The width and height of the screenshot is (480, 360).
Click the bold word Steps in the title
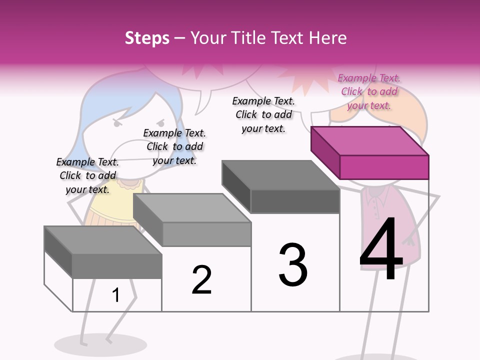pos(147,38)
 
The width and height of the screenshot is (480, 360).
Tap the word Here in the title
pos(328,38)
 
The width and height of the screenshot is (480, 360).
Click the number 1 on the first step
pos(116,295)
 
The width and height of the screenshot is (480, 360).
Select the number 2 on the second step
pos(201,280)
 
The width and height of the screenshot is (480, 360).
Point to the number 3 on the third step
pos(293,265)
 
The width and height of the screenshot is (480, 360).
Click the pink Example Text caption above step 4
pos(369,91)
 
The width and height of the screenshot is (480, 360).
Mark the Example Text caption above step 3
pos(263,114)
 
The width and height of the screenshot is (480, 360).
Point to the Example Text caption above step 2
pos(174,146)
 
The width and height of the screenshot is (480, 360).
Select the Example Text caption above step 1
pos(87,175)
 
